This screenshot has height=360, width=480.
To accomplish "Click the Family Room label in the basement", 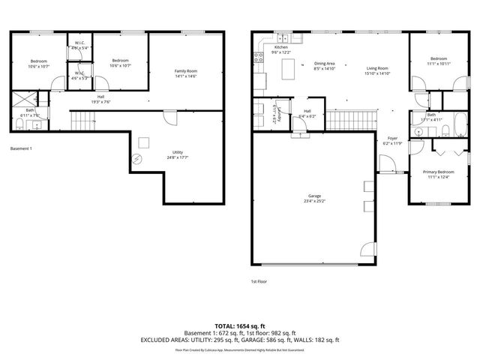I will click(x=184, y=71).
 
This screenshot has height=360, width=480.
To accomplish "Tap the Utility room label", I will click(x=178, y=152).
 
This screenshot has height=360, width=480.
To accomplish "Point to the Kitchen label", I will click(x=281, y=47).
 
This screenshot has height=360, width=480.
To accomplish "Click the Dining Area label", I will click(x=324, y=64).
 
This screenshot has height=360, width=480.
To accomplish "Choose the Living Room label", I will click(x=376, y=68).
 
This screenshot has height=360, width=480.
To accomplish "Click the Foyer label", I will click(x=392, y=139).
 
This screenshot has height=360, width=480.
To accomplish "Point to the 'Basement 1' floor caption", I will click(x=21, y=148).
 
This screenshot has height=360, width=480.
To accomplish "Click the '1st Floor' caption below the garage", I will click(x=259, y=281).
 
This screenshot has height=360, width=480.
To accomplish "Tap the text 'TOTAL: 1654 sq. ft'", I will click(x=240, y=325).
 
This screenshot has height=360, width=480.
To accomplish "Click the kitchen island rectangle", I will click(x=289, y=70).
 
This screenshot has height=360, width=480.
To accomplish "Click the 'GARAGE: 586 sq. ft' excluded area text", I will click(x=273, y=340).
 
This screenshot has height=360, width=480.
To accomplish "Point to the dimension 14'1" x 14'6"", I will click(x=184, y=76).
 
